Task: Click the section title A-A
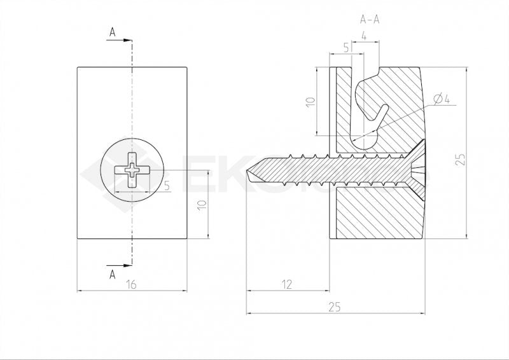[x=370, y=20]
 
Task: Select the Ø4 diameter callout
[x=441, y=99]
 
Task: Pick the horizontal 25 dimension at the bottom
[x=335, y=307]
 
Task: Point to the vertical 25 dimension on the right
[x=461, y=156]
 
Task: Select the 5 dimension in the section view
[x=346, y=48]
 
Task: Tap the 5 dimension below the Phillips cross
[x=166, y=186]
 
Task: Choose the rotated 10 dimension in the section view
[x=309, y=102]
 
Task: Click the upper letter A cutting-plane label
[x=113, y=32]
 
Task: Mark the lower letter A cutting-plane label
[x=113, y=274]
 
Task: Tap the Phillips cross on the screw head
[x=132, y=169]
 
